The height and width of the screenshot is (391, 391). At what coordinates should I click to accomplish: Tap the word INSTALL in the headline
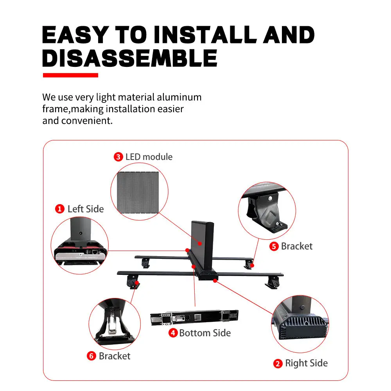point(204,35)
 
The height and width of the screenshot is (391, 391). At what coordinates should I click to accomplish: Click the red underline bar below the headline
point(70,75)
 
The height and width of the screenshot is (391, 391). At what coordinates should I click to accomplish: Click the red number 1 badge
point(60,209)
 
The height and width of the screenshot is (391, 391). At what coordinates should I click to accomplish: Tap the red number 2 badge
point(278,364)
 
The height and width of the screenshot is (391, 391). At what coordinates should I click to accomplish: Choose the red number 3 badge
point(118,157)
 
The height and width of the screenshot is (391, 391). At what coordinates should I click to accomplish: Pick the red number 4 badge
point(173,333)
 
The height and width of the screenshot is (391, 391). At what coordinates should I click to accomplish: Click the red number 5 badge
point(274,246)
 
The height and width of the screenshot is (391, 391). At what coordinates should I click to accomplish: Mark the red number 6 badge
point(91,356)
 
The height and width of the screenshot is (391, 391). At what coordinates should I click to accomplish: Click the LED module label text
point(149,157)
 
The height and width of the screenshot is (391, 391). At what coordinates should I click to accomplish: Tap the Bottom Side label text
point(205,333)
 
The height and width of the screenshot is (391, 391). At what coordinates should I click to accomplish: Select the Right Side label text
point(306,363)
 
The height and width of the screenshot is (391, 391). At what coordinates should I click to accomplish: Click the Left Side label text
point(86,209)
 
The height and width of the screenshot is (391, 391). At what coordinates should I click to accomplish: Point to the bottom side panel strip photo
point(194,317)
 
